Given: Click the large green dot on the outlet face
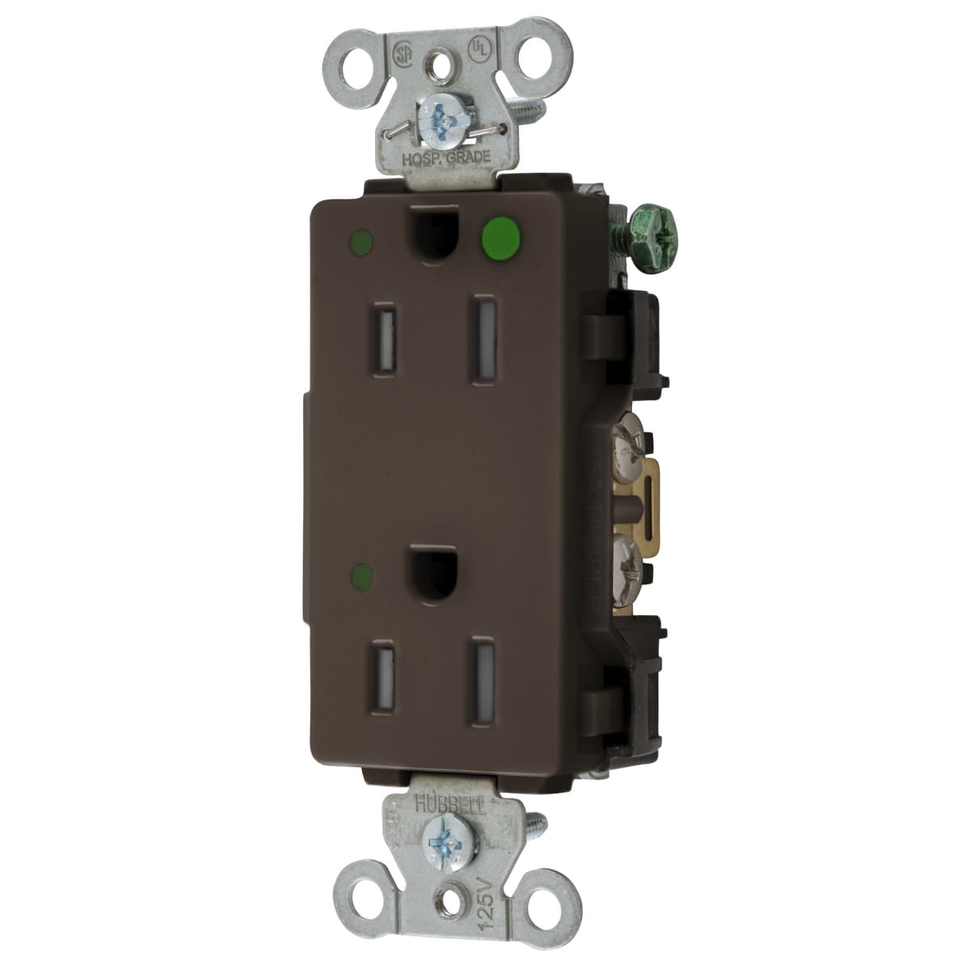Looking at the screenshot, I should click(500, 236).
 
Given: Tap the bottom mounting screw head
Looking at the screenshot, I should click(443, 835).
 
